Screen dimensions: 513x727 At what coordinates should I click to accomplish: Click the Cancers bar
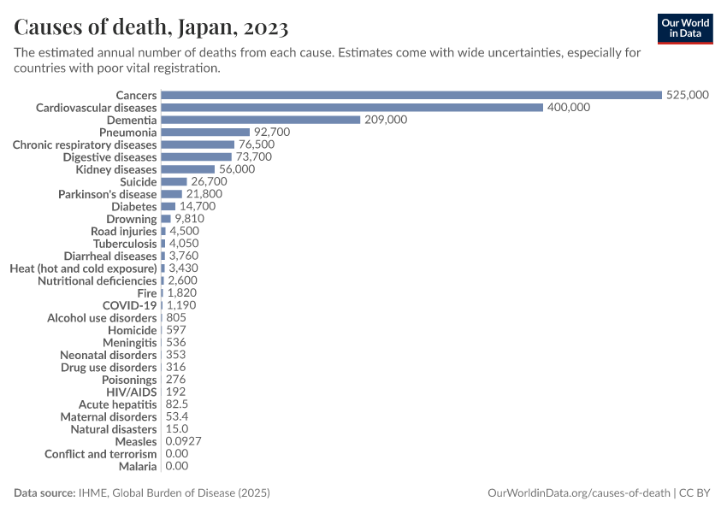coord(411,95)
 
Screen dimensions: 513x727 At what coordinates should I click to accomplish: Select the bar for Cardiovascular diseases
coord(352,108)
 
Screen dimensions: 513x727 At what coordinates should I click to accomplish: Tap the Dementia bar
coord(260,120)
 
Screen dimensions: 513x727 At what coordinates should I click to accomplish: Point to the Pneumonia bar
coord(205,133)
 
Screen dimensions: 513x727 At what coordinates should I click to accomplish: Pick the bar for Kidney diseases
coord(187,169)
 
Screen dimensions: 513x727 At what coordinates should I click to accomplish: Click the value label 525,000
coord(687,95)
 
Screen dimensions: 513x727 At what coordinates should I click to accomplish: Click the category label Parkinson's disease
coord(108,194)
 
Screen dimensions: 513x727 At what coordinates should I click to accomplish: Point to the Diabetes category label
coord(134,207)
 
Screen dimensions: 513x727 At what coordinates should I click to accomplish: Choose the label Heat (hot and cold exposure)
coord(84,268)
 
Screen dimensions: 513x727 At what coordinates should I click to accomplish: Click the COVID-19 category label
coord(130,305)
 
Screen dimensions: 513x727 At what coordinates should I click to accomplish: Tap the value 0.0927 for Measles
coord(183,441)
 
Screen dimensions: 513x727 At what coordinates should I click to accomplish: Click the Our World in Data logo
coord(685,28)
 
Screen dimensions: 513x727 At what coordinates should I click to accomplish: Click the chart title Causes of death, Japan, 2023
coord(151,27)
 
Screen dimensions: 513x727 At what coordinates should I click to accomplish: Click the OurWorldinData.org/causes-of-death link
coord(577,493)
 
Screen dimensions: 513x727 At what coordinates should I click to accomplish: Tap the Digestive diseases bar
coord(196,157)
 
